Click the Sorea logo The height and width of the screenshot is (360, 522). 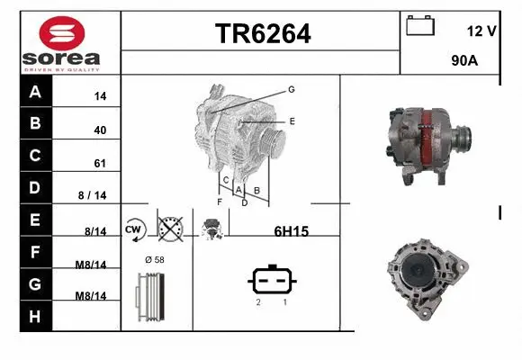point(60,42)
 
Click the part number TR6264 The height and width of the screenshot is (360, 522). point(262,33)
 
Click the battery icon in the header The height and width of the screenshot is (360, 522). point(420,25)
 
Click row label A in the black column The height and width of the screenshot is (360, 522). point(35,92)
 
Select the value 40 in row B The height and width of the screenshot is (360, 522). point(100,130)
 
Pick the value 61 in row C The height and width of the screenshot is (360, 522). point(100,163)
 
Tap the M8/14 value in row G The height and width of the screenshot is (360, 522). point(91,295)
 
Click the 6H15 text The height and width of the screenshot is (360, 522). point(291,231)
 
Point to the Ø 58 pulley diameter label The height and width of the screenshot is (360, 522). point(155,259)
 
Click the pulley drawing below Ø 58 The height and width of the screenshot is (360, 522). point(151,294)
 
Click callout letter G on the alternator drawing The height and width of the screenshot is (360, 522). point(292,89)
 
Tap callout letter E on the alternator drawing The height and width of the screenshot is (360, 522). point(292,120)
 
